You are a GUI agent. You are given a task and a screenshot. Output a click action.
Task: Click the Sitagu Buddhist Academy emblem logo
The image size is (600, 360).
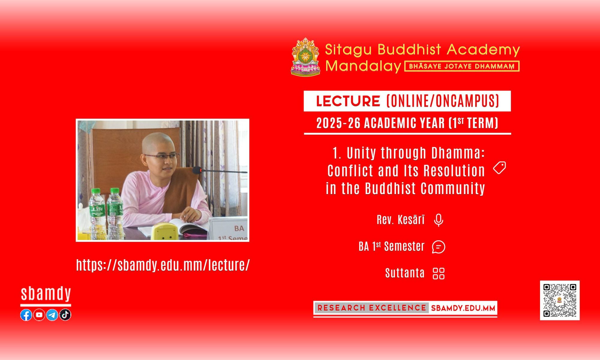pyautogui.click(x=306, y=57)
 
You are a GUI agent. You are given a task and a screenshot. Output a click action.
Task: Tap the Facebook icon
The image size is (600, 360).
pyautogui.click(x=26, y=315)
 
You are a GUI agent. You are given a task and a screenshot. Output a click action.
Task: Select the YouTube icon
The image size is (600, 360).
pyautogui.click(x=39, y=315)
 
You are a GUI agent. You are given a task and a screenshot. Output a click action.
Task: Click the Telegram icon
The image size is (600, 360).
pyautogui.click(x=52, y=315)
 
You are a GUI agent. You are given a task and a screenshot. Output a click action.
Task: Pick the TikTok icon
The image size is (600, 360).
pyautogui.click(x=65, y=315)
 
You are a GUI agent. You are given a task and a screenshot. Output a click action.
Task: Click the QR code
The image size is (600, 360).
pyautogui.click(x=560, y=300)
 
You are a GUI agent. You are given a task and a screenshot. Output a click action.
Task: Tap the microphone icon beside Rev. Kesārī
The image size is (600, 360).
pyautogui.click(x=439, y=220)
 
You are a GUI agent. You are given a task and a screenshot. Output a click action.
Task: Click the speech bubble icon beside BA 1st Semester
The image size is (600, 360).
pyautogui.click(x=439, y=247)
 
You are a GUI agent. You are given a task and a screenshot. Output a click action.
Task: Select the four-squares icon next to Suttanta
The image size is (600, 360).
pyautogui.click(x=439, y=273)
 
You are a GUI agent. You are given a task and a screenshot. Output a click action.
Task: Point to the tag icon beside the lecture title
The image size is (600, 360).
pyautogui.click(x=499, y=168)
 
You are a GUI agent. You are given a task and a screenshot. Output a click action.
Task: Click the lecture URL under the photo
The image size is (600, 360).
pyautogui.click(x=163, y=265)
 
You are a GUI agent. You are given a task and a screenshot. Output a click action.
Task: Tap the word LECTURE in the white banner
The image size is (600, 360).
pyautogui.click(x=348, y=101)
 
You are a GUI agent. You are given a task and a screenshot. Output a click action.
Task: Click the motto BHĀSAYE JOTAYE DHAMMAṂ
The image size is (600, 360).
pyautogui.click(x=462, y=66)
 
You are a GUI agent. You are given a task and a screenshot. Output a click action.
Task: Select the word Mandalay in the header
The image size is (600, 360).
pyautogui.click(x=363, y=66)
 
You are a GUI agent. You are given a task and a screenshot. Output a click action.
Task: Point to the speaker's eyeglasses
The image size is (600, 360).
pyautogui.click(x=162, y=156)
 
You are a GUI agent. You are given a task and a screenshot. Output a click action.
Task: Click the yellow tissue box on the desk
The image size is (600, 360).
pyautogui.click(x=163, y=231)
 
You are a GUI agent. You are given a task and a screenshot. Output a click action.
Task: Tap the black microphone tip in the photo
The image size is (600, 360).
pyautogui.click(x=197, y=170)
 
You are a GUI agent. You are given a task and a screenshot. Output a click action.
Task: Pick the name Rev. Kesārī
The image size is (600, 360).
pyautogui.click(x=401, y=220)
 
